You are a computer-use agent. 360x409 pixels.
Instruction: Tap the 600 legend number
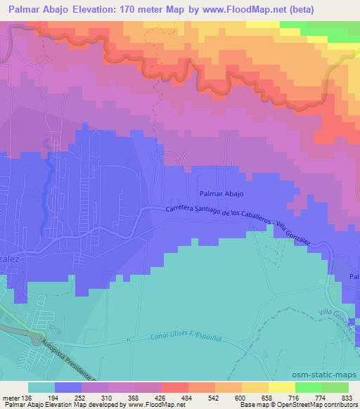click(x=241, y=396)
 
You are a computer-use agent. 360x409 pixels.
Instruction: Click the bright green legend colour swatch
click(x=308, y=387)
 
